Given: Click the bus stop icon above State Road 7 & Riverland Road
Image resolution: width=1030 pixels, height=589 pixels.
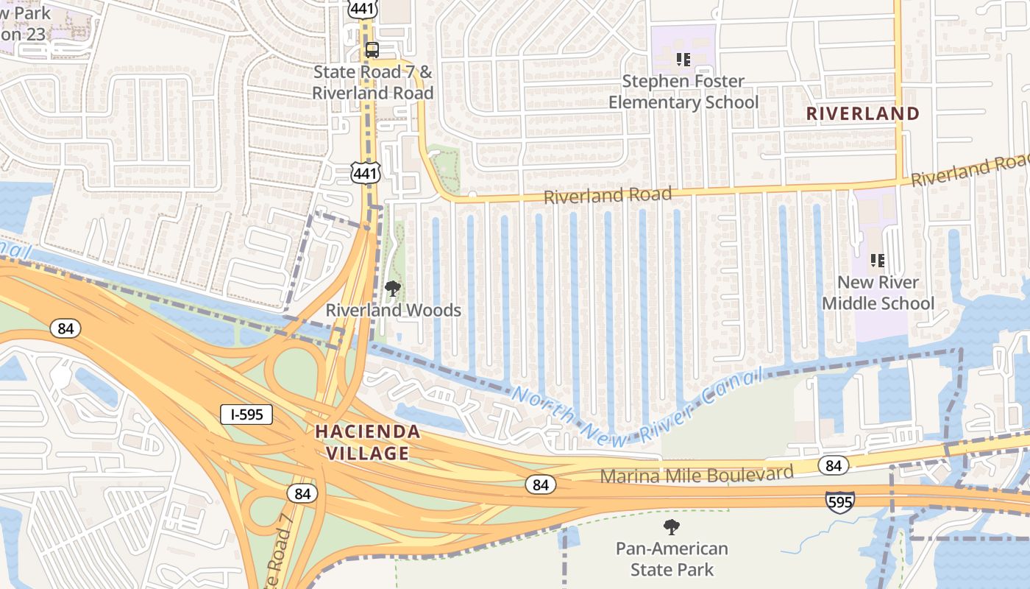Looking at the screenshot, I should [x=372, y=50].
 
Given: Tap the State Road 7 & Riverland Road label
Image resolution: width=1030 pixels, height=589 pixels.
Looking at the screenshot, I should [x=373, y=82].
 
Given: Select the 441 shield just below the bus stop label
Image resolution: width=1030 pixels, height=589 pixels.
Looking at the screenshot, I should [x=366, y=174].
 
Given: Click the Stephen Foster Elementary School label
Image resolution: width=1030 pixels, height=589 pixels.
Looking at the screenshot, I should [x=683, y=91].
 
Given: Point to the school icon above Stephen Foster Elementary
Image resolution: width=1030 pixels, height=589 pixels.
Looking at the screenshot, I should [x=683, y=59].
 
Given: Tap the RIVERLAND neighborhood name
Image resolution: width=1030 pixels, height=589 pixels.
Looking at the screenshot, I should [x=863, y=113].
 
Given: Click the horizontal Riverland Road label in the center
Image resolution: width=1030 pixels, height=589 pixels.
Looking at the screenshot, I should [x=608, y=195].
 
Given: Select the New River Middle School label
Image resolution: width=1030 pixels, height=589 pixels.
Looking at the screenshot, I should [x=878, y=292].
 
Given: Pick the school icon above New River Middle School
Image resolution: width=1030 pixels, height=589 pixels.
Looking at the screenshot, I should [x=877, y=260].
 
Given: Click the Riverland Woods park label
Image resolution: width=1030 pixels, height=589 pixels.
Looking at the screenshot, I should [x=394, y=310].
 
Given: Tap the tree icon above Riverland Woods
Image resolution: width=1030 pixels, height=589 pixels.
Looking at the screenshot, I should [x=393, y=288].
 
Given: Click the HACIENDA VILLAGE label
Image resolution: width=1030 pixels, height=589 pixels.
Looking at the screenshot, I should [x=368, y=442].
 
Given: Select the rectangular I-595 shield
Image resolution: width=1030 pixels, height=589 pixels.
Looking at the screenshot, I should [x=246, y=415].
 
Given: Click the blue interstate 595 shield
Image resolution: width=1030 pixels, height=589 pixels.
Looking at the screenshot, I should [x=839, y=501].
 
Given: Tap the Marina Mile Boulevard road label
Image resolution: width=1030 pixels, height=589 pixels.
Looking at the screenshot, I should [x=697, y=474].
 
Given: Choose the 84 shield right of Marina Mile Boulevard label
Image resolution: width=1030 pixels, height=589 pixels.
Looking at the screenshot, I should [x=833, y=465].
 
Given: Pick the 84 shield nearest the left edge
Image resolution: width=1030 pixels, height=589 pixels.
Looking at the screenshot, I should [x=65, y=328].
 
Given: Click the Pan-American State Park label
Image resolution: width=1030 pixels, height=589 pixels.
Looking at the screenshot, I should [x=672, y=559].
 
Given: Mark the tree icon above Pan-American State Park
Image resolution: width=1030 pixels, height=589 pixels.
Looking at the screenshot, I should [x=671, y=526].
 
